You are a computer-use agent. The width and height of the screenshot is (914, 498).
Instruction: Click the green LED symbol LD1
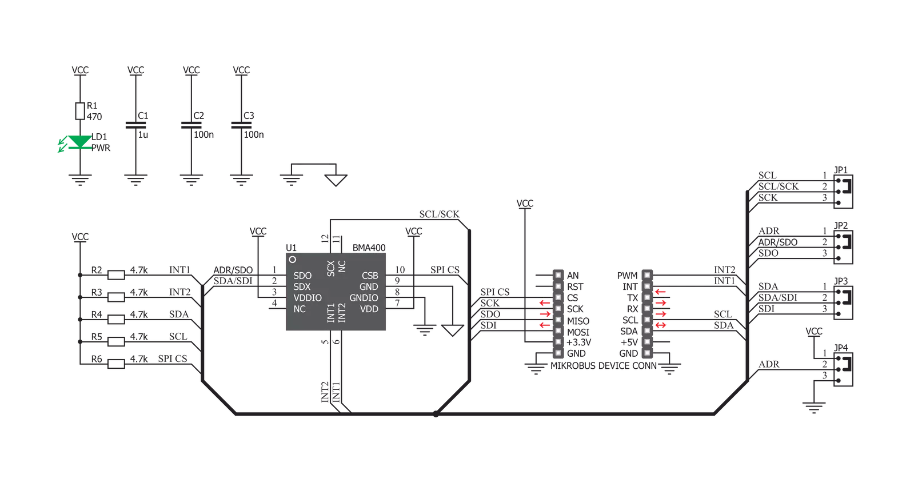[79, 142]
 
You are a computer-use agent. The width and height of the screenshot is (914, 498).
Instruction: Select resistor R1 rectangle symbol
[80, 111]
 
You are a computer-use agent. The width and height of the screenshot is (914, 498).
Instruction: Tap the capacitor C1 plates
[135, 125]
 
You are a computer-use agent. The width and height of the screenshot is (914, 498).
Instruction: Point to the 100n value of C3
[253, 135]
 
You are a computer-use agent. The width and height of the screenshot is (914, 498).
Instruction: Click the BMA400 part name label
[369, 248]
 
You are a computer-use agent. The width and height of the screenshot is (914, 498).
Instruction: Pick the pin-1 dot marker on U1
[292, 259]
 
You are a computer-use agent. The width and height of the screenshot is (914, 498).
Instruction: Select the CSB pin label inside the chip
[370, 276]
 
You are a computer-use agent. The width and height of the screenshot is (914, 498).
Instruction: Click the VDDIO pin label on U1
[308, 298]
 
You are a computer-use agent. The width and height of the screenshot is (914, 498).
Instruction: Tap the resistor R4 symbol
[116, 320]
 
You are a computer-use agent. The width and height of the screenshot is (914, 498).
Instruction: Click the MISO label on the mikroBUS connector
[578, 321]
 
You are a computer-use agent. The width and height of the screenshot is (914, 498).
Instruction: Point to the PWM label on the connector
[627, 276]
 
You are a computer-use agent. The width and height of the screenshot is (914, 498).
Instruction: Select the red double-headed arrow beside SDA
[661, 325]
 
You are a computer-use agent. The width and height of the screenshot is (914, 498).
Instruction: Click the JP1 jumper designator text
[841, 170]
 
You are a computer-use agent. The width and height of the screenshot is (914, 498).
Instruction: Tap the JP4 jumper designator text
[841, 348]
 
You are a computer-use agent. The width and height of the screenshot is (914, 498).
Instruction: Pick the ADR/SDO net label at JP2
[778, 242]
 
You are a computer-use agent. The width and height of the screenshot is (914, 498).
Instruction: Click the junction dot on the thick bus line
[436, 414]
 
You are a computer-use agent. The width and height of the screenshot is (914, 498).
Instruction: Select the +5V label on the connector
[629, 342]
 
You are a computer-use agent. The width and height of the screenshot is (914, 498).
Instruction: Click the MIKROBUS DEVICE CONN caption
[604, 366]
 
